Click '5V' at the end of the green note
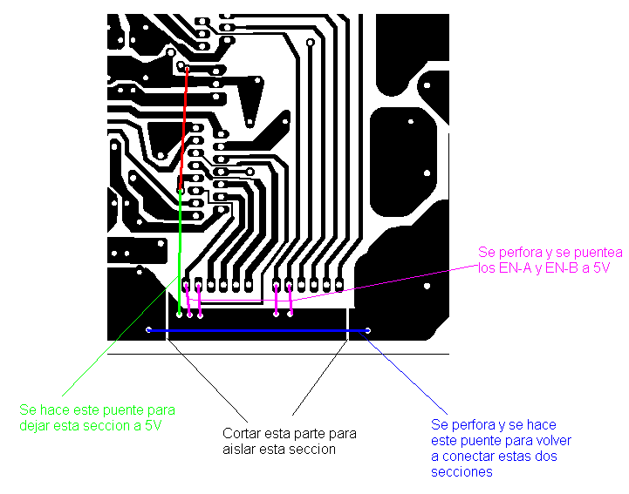coord(154,425)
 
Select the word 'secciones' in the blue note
coord(461,472)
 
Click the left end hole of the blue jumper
coord(148,329)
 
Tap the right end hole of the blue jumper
coord(368,330)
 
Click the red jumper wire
coord(184,128)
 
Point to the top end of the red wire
coord(187,68)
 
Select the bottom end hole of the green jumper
coord(179,315)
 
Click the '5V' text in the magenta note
coord(602,268)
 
